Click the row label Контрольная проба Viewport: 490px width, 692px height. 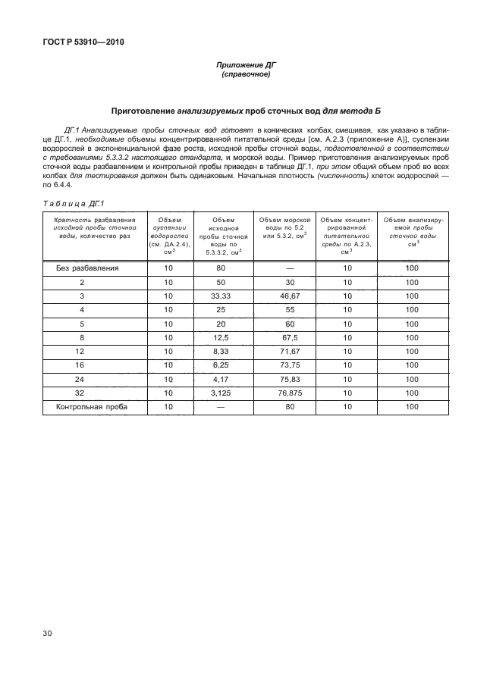(90, 407)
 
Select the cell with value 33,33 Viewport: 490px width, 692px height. (221, 296)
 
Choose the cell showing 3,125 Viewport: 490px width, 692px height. (221, 393)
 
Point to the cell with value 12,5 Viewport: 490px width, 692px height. (221, 337)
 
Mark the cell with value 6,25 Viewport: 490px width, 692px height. (221, 365)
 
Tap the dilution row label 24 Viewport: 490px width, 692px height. (81, 379)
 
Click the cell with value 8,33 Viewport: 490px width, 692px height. (221, 352)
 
